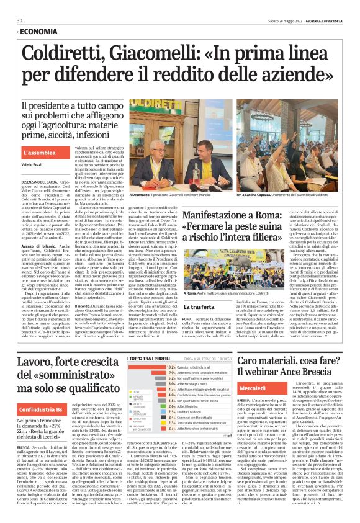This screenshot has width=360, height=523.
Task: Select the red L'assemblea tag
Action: tap(42, 152)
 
